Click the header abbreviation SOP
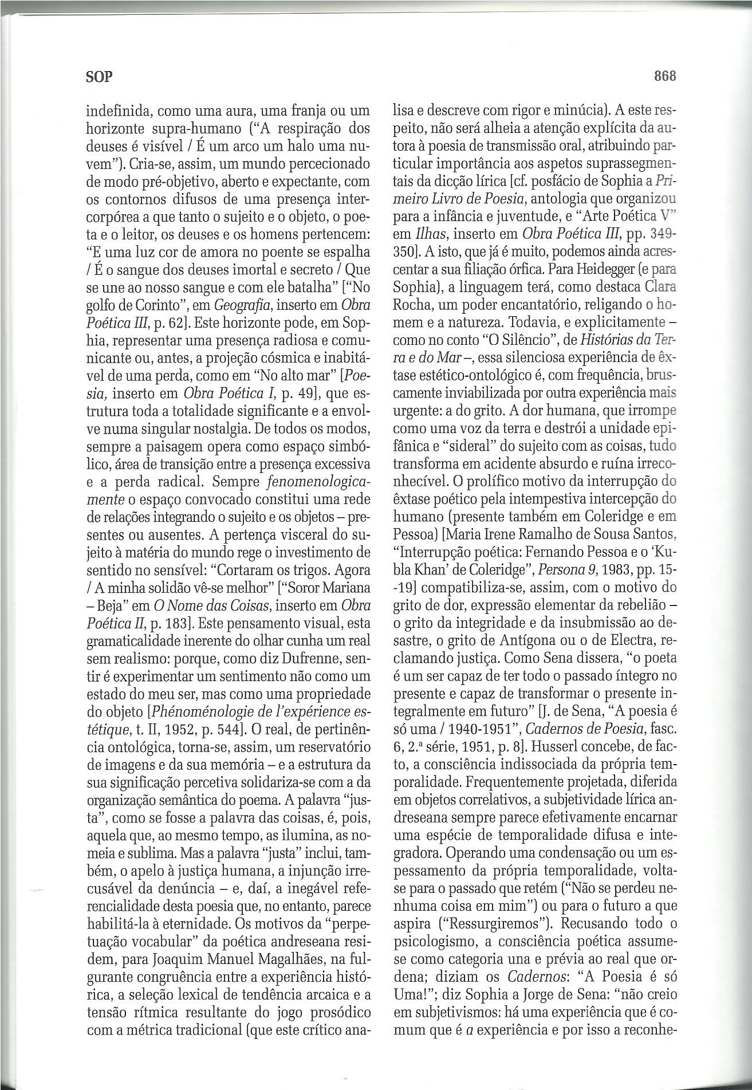[x=99, y=77]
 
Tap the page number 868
[x=664, y=76]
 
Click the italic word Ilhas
[x=410, y=234]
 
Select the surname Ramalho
[x=531, y=534]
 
